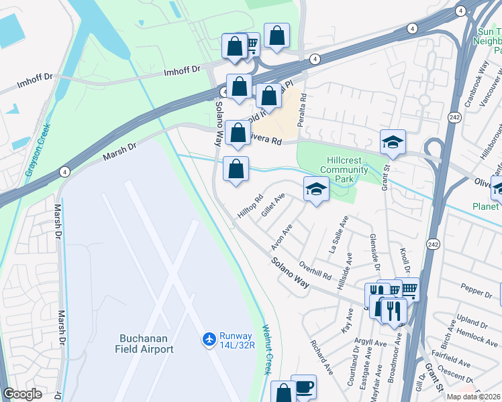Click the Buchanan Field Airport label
tap(137, 344)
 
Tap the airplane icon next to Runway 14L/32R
tap(208, 340)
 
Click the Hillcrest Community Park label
tap(344, 170)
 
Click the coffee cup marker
tap(303, 387)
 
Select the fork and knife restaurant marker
tap(393, 310)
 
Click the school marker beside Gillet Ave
tap(315, 190)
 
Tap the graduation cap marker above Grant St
tap(393, 142)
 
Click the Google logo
tap(22, 395)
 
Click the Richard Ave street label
tap(321, 357)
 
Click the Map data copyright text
tap(473, 397)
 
